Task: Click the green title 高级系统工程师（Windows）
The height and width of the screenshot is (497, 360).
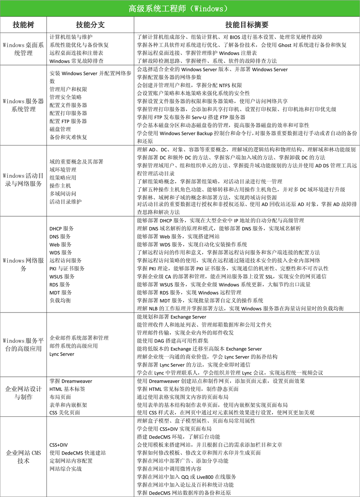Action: [x=180, y=8]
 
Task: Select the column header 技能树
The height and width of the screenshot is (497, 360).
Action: [x=23, y=25]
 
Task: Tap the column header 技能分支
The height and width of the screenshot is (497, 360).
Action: [x=90, y=25]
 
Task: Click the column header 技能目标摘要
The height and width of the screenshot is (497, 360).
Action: [x=246, y=25]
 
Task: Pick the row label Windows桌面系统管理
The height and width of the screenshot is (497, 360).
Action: [x=23, y=49]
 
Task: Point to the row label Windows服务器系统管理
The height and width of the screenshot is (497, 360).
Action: [x=23, y=105]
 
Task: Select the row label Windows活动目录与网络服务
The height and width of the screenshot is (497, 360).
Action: [x=23, y=180]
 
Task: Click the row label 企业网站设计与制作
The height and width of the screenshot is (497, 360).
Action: [x=23, y=393]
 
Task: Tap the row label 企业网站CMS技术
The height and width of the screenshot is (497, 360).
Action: [x=23, y=457]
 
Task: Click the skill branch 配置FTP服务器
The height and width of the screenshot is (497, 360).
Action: [x=68, y=121]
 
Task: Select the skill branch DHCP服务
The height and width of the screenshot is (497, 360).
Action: [x=62, y=228]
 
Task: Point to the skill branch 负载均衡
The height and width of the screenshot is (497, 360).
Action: [x=60, y=300]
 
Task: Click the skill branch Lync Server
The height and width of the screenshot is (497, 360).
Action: [x=62, y=354]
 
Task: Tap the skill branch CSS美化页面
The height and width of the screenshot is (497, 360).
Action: [x=65, y=412]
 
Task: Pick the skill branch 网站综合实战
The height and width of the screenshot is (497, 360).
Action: [x=65, y=469]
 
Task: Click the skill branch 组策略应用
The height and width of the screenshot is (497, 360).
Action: [x=63, y=177]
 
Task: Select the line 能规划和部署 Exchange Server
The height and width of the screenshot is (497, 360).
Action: [x=171, y=317]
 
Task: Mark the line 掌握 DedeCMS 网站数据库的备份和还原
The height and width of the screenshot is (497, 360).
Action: [x=184, y=492]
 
